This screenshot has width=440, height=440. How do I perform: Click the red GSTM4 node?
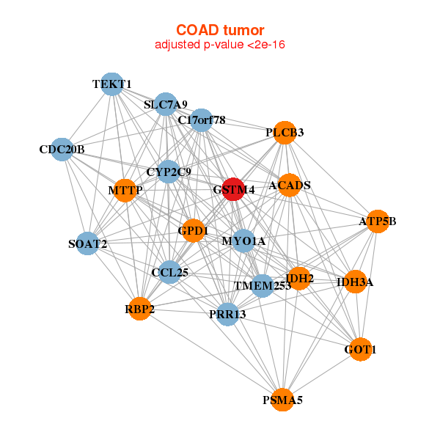pyautogui.click(x=233, y=189)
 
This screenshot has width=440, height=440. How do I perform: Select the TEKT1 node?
pyautogui.click(x=111, y=84)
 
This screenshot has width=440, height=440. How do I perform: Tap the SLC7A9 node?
pyautogui.click(x=166, y=104)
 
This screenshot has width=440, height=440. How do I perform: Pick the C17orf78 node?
pyautogui.click(x=201, y=120)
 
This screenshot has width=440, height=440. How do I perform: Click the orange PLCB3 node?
pyautogui.click(x=285, y=133)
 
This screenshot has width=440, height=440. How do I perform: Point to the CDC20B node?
pyautogui.click(x=62, y=150)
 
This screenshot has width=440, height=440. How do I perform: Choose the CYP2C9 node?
pyautogui.click(x=169, y=172)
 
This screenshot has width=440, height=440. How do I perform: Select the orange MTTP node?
pyautogui.click(x=125, y=191)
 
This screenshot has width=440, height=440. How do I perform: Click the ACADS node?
pyautogui.click(x=290, y=185)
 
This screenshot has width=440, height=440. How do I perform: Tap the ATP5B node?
pyautogui.click(x=377, y=221)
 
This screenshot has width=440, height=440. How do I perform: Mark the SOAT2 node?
pyautogui.click(x=87, y=243)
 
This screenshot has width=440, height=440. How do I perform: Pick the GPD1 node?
pyautogui.click(x=194, y=230)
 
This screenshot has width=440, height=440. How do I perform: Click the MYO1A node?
pyautogui.click(x=244, y=241)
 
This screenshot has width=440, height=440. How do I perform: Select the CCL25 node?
pyautogui.click(x=170, y=273)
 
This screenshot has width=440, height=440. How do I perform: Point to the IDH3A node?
pyautogui.click(x=355, y=282)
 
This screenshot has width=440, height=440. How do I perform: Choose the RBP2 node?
pyautogui.click(x=139, y=309)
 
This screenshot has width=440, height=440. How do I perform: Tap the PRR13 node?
pyautogui.click(x=227, y=315)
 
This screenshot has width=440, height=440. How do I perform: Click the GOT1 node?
pyautogui.click(x=360, y=350)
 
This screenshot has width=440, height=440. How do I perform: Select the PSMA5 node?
pyautogui.click(x=283, y=400)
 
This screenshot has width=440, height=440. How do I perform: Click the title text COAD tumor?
pyautogui.click(x=220, y=30)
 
